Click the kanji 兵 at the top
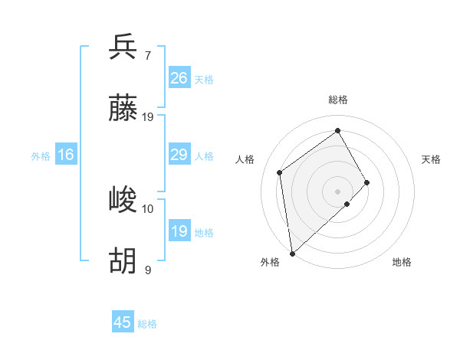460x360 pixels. (x=123, y=47)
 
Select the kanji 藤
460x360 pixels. (x=123, y=110)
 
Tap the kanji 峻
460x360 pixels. (x=123, y=201)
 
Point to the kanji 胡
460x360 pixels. (x=123, y=262)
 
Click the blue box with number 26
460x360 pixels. (x=179, y=78)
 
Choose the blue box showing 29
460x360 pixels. (x=179, y=155)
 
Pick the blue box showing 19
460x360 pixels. (x=179, y=231)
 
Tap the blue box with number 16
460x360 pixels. (x=66, y=155)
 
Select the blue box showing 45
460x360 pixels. (x=123, y=322)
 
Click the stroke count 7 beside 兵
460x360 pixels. (x=148, y=55)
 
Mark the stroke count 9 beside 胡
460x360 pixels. (x=148, y=270)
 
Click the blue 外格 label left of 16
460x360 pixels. (x=41, y=156)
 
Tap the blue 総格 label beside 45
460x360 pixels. (x=147, y=324)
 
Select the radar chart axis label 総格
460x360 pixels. (x=337, y=100)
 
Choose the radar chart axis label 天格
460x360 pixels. (x=432, y=159)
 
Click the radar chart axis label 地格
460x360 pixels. (x=402, y=262)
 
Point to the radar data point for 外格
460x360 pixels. (x=292, y=253)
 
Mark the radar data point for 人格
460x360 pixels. (x=280, y=172)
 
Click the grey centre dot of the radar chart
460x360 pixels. (x=337, y=191)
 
